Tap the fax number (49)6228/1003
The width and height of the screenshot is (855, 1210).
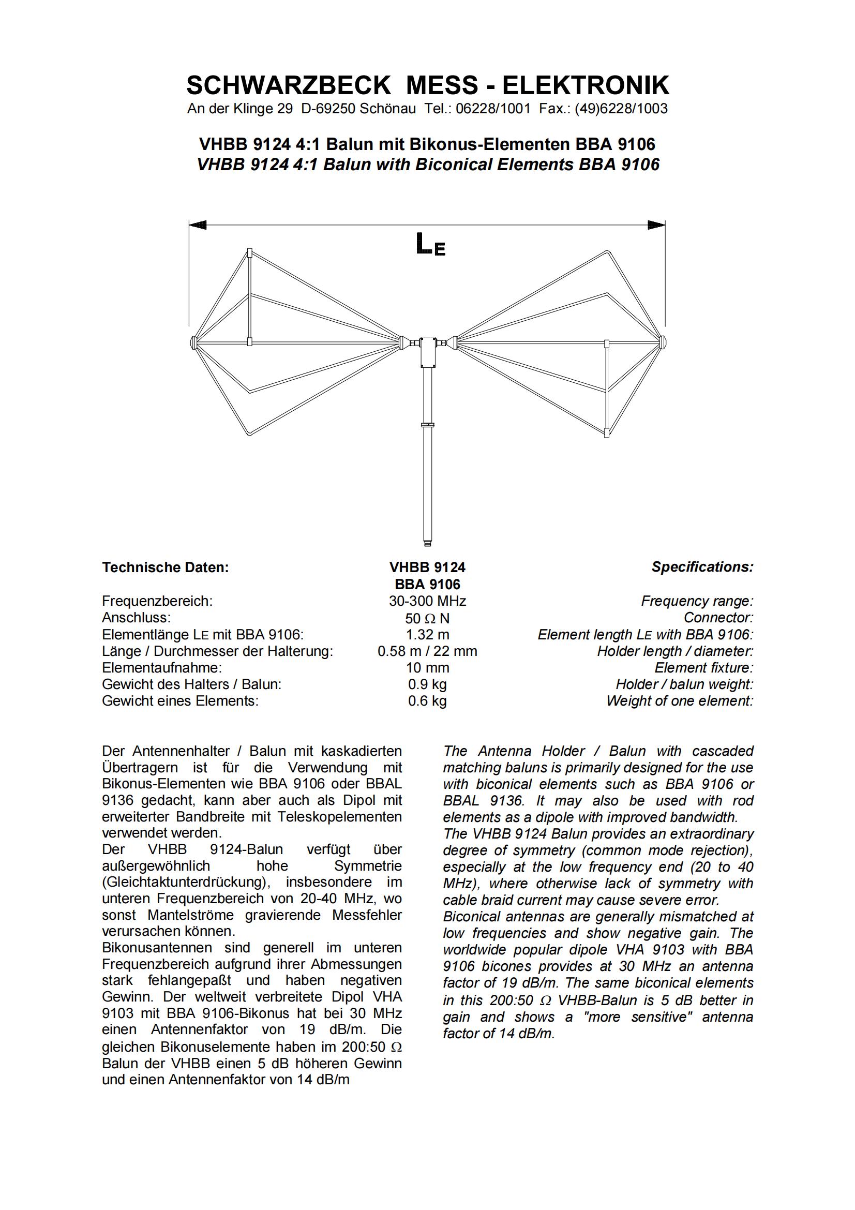click(621, 109)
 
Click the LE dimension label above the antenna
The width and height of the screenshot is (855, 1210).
click(430, 245)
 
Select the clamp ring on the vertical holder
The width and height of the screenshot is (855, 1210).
click(427, 424)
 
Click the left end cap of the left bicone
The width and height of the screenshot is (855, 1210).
click(193, 342)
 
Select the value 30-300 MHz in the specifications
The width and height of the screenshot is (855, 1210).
click(427, 601)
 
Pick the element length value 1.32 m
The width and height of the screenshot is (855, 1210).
click(427, 635)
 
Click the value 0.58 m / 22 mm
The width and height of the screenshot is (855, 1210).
click(427, 651)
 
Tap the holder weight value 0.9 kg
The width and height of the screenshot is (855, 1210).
click(427, 684)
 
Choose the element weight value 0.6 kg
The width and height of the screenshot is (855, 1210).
click(427, 701)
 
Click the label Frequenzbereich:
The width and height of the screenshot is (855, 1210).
click(157, 601)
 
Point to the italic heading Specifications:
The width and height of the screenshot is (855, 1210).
click(702, 567)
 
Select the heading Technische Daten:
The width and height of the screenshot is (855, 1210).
click(166, 567)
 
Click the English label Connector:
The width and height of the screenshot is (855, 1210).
click(718, 618)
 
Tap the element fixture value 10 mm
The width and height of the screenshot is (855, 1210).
click(427, 668)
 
